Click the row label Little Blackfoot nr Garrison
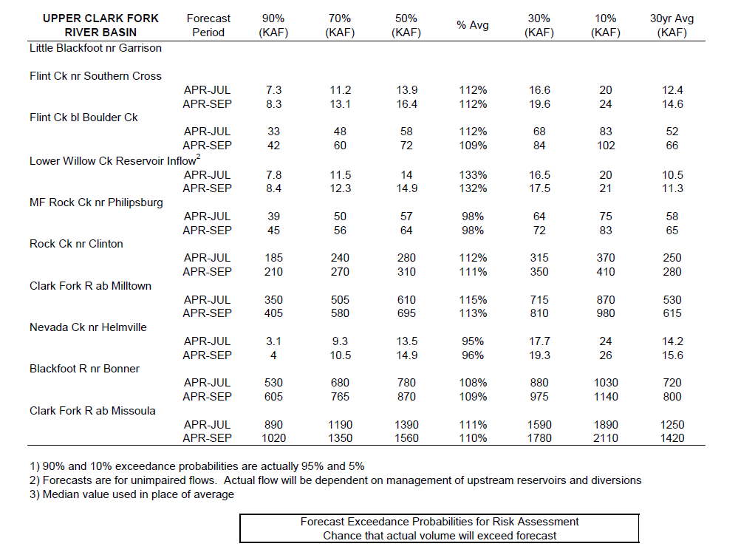click(95, 48)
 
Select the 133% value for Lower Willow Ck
click(473, 175)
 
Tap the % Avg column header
click(473, 25)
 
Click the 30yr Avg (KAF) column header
click(672, 25)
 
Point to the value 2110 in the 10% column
click(605, 438)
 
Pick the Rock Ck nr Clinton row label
click(76, 244)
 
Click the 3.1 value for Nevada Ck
click(273, 341)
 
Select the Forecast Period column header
click(208, 25)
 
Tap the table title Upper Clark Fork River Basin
click(100, 25)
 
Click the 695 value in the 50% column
click(406, 313)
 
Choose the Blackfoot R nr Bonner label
click(85, 369)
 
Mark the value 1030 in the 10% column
click(606, 383)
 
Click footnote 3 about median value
click(131, 494)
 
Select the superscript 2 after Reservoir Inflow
click(198, 157)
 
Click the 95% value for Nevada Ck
click(473, 341)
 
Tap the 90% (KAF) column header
click(273, 25)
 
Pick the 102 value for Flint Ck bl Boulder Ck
click(606, 146)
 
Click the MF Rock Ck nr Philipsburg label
click(96, 202)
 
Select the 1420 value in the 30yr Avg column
click(672, 438)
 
